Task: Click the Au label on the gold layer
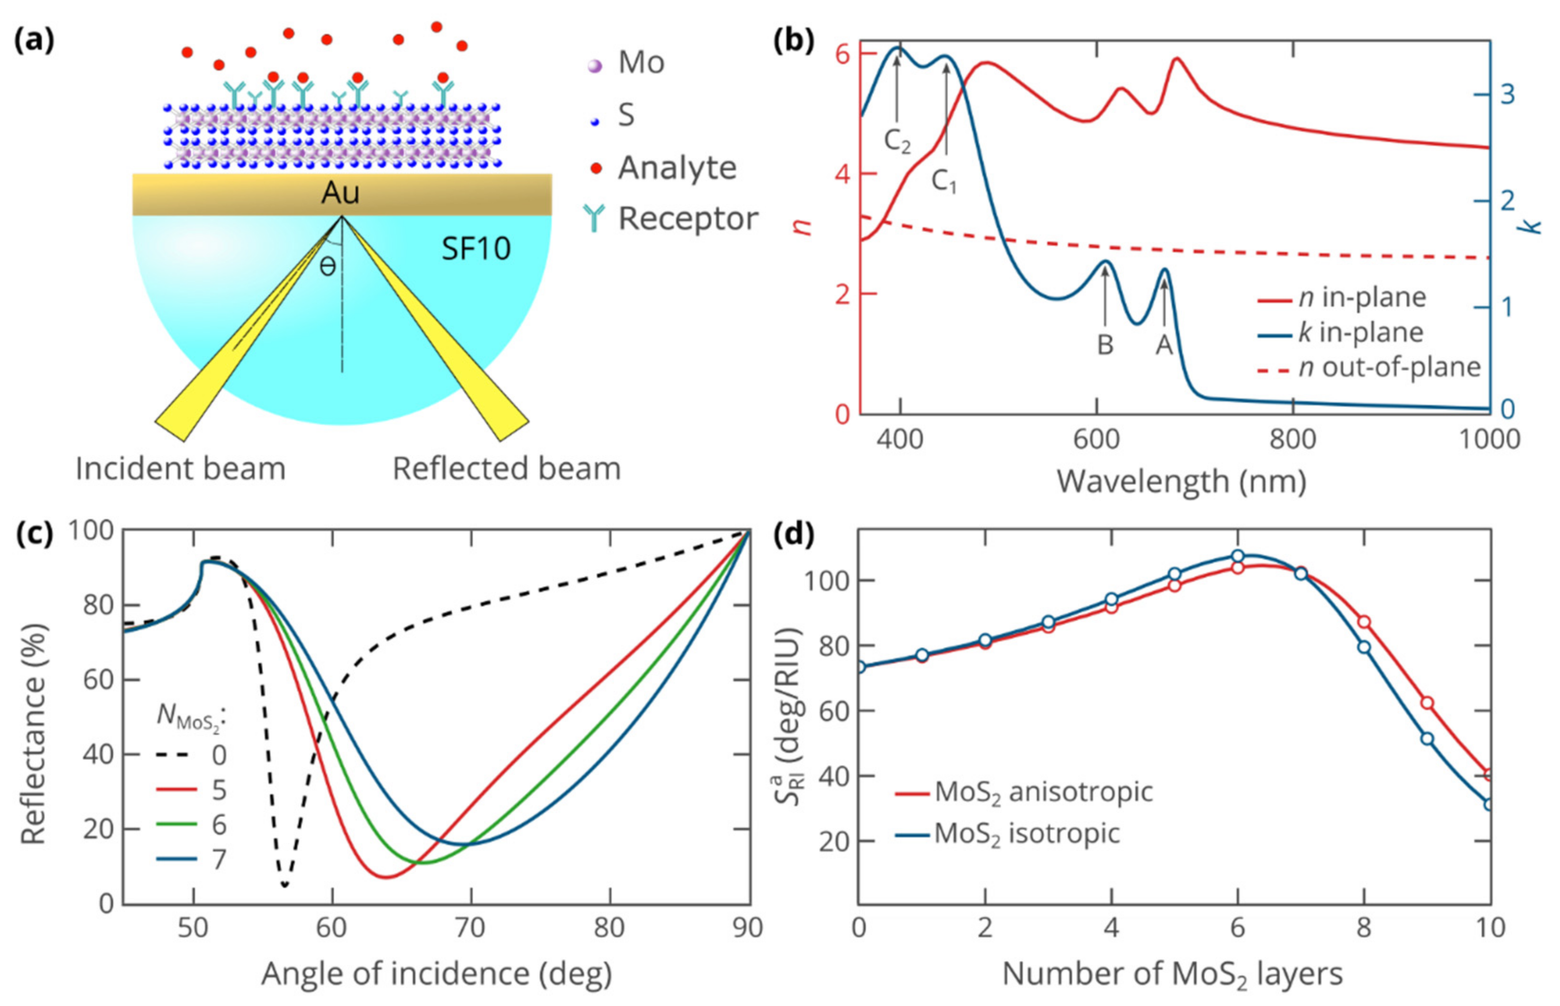[x=340, y=194]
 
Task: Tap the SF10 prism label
[x=476, y=249]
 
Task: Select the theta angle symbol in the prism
[x=328, y=266]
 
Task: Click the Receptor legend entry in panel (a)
[x=687, y=218]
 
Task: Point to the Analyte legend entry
[x=677, y=168]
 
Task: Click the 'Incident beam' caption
[x=180, y=469]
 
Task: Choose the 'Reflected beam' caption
[x=506, y=469]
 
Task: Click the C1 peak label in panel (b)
[x=943, y=181]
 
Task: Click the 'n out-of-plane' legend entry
[x=1389, y=367]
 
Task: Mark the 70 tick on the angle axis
[x=471, y=928]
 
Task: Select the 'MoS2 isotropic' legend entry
[x=1027, y=833]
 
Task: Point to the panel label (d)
[x=794, y=534]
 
